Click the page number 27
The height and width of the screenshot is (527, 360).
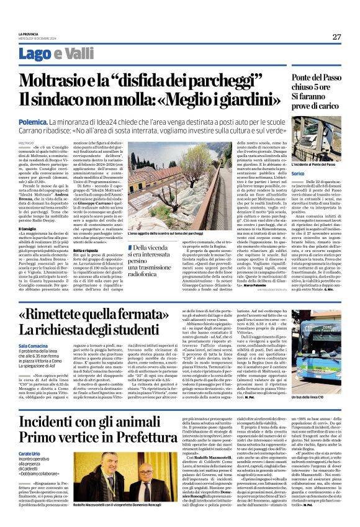336,37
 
